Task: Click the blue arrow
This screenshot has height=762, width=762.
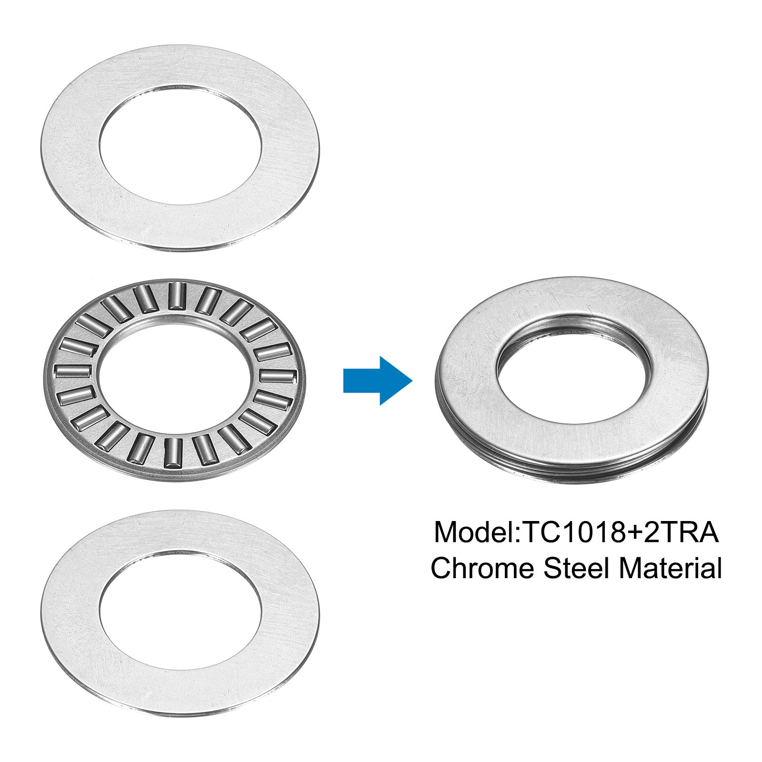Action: tap(377, 381)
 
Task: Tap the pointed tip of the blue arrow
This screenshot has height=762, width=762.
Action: tap(412, 381)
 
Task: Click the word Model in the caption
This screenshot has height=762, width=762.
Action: tap(474, 532)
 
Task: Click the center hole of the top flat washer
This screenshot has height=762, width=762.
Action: tap(180, 145)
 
